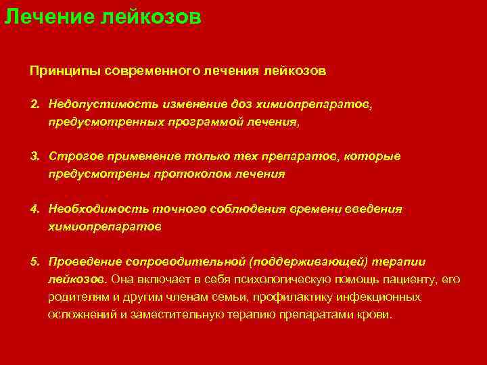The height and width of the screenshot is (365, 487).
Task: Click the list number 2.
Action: tap(34, 105)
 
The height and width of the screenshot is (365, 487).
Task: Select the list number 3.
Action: tap(34, 157)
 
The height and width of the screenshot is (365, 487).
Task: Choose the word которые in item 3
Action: tap(375, 157)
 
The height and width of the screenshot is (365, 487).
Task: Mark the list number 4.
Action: tap(34, 210)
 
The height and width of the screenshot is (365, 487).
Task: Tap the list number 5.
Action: tap(34, 262)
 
